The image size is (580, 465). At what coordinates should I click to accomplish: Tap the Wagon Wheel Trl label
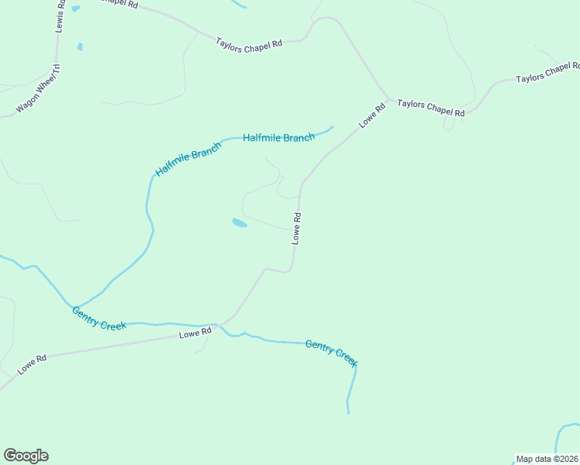click(38, 90)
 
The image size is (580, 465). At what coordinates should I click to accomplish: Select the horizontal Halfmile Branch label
click(278, 137)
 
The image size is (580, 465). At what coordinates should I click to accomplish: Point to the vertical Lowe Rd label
click(296, 228)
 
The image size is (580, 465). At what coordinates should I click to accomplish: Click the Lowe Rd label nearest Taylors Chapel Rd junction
click(371, 116)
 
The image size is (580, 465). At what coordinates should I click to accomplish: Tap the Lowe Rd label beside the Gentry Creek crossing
click(195, 332)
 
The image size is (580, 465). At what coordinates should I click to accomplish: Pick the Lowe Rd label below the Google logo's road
click(32, 363)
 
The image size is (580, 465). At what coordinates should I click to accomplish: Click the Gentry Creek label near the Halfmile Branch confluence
click(99, 318)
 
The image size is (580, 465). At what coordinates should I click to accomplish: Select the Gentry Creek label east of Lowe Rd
click(331, 353)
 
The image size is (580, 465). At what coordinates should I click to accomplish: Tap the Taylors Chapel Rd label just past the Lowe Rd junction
click(430, 108)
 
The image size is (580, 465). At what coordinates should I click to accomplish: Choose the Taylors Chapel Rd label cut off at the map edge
click(547, 74)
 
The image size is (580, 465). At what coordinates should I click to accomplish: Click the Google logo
click(26, 456)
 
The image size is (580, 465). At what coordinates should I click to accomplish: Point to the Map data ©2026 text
click(547, 459)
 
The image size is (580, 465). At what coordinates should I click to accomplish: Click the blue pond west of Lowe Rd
click(240, 223)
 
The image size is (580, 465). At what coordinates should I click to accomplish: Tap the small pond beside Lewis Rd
click(80, 47)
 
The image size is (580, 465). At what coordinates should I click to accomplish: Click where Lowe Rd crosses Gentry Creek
click(221, 325)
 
